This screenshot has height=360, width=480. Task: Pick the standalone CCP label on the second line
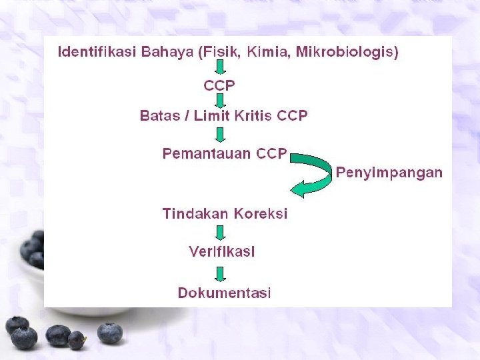(x=219, y=85)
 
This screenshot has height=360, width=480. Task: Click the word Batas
(x=160, y=116)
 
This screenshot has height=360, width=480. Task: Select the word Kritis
(x=253, y=116)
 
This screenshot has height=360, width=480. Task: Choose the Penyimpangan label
(x=389, y=173)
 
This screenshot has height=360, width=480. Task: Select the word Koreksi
(x=259, y=214)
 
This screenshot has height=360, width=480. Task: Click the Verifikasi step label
(x=222, y=252)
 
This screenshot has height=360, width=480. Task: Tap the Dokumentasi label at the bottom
(x=224, y=293)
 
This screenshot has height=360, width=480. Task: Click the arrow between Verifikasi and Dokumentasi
(x=220, y=273)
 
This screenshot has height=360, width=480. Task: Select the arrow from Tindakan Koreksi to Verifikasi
(x=220, y=233)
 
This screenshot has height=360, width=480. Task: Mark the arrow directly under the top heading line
(x=220, y=67)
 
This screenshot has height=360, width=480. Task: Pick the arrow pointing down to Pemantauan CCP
(x=220, y=135)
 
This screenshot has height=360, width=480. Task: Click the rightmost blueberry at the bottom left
(x=109, y=332)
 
